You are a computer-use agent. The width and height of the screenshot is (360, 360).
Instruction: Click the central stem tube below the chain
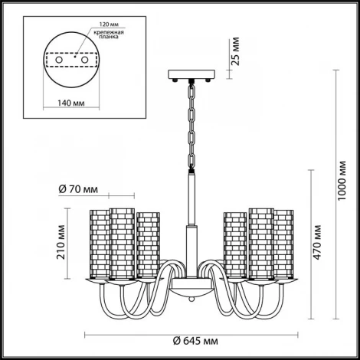pos(188,199)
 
